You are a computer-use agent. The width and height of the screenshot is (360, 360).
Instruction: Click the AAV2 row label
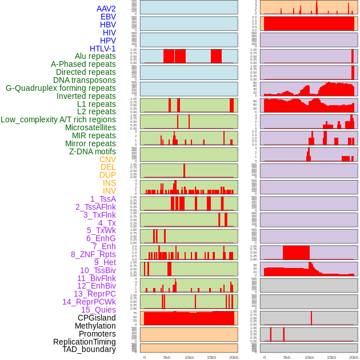106,9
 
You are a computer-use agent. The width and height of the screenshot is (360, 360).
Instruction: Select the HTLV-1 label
103,49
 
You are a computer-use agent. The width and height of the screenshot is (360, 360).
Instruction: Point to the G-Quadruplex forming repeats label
61,88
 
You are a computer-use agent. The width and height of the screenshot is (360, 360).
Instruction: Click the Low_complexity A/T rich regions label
58,119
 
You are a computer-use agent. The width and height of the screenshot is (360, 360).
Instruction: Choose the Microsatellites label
90,127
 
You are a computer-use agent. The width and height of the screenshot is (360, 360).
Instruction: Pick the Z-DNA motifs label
93,151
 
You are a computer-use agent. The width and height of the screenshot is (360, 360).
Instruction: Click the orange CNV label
107,159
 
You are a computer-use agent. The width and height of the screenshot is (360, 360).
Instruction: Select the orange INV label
109,191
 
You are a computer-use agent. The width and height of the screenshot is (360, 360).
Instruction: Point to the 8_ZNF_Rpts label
93,254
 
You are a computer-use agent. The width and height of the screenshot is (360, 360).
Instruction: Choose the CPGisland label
97,318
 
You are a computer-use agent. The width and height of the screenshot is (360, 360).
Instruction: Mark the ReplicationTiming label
84,342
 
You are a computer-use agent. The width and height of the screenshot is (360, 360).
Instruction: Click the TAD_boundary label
89,349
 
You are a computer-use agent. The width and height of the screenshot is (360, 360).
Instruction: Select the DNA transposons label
85,80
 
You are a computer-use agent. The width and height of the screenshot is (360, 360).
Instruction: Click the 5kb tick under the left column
167,357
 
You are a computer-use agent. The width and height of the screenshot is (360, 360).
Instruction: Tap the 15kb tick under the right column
331,357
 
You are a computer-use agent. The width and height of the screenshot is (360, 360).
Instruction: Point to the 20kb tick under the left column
233,357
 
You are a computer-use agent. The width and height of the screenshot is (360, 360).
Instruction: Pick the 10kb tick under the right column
309,357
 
